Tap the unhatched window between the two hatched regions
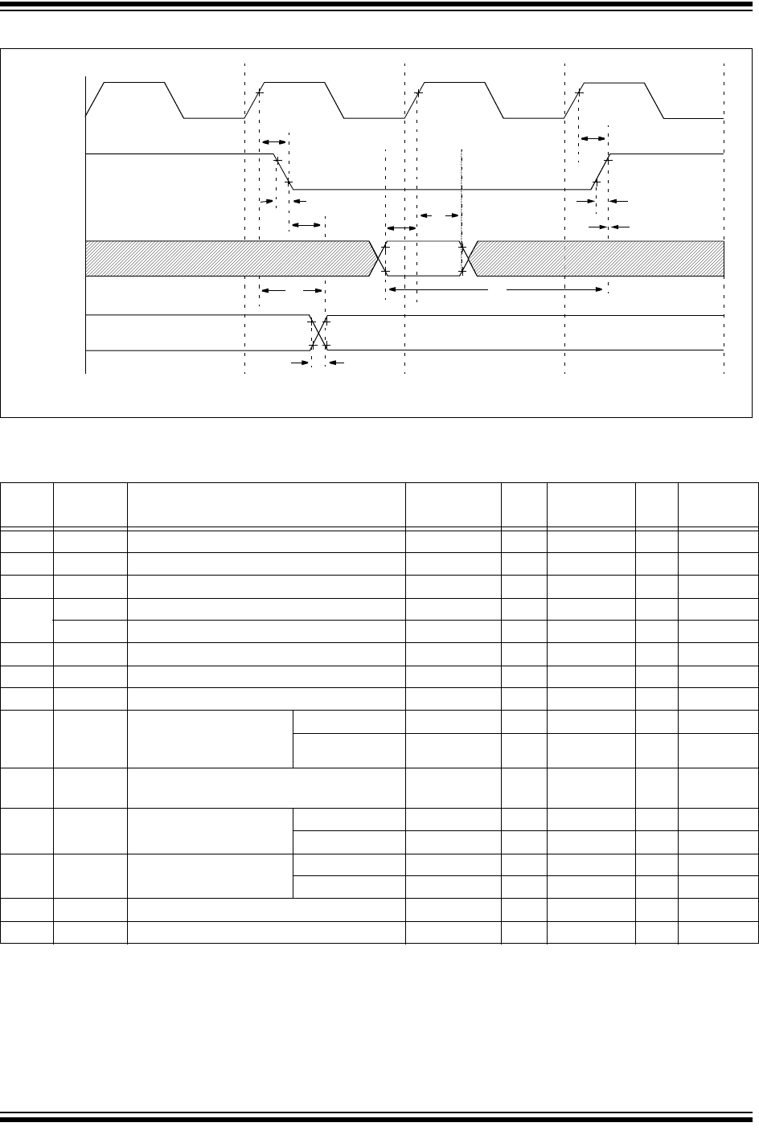point(424,257)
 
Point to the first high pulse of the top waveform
point(135,83)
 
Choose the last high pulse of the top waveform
point(613,83)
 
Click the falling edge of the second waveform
point(282,171)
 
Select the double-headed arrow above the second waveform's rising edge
point(593,139)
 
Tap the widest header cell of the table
point(266,505)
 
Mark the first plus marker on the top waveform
point(259,92)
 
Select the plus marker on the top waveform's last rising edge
point(579,92)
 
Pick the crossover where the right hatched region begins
point(470,257)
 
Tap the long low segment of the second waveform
point(442,189)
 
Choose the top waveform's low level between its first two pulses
point(215,118)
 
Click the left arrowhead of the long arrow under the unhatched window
point(392,289)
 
